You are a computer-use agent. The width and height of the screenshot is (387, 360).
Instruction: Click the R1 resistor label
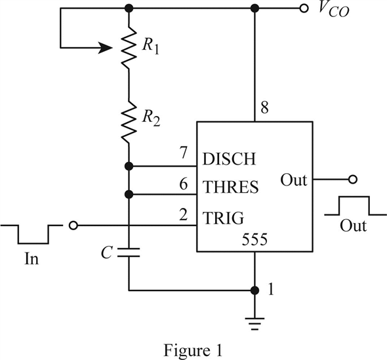click(150, 47)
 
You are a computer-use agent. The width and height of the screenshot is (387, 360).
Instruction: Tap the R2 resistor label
click(151, 118)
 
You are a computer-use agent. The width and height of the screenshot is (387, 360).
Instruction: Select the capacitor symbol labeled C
click(129, 252)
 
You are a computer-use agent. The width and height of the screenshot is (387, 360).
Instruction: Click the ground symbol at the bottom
click(255, 324)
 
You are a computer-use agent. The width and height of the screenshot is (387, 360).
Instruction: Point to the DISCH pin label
click(229, 159)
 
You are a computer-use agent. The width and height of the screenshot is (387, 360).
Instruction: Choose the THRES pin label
click(230, 186)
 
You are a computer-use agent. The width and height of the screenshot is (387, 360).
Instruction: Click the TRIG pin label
click(224, 218)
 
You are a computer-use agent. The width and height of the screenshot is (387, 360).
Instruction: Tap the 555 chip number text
click(255, 239)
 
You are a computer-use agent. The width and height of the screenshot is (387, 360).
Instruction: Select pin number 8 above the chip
click(264, 108)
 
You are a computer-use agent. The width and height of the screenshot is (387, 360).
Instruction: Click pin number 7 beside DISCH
click(184, 153)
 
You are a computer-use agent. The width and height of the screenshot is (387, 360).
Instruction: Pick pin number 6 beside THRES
click(184, 184)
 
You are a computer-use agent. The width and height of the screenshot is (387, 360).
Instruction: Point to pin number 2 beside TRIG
click(184, 214)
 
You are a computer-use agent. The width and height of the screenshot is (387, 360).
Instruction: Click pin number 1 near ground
click(271, 289)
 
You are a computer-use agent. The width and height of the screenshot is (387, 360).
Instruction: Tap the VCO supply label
click(334, 10)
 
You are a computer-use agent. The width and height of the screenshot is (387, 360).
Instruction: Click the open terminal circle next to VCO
click(304, 9)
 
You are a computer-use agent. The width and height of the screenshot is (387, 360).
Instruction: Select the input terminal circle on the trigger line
click(73, 226)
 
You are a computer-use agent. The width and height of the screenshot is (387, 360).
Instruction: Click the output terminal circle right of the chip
click(353, 180)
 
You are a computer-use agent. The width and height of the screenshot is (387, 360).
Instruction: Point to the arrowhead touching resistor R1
click(106, 48)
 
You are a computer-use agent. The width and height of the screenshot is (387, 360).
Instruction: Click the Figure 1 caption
click(193, 350)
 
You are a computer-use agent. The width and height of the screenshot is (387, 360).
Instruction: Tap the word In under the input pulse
click(31, 259)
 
